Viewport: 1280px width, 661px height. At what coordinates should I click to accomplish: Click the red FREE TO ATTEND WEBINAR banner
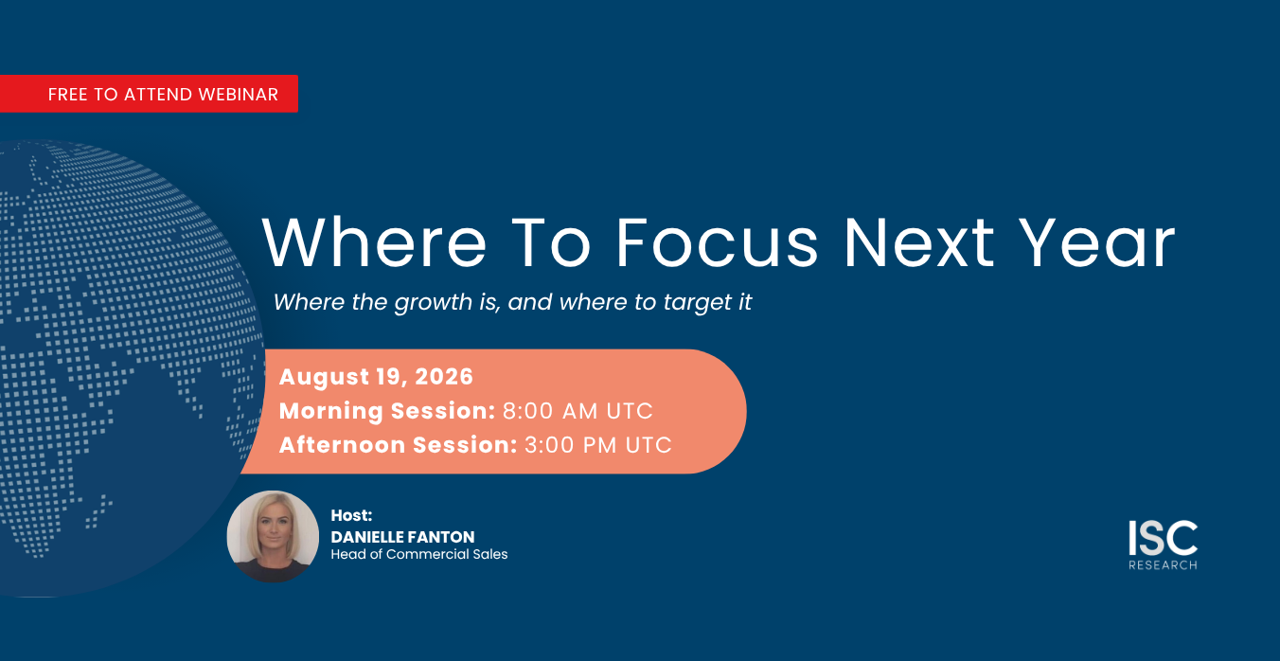[x=149, y=94]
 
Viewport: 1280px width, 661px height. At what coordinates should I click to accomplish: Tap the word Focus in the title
[x=717, y=242]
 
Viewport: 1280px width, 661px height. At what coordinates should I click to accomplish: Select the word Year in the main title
[x=1097, y=242]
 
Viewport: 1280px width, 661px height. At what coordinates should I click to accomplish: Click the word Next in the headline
[x=919, y=242]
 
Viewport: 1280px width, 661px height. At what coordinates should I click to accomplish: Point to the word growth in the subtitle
[x=434, y=302]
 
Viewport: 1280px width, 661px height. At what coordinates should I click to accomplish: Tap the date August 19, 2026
[x=376, y=377]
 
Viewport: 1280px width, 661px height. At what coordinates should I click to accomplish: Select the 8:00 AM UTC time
[x=578, y=411]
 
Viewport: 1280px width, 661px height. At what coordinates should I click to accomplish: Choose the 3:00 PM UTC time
[x=598, y=445]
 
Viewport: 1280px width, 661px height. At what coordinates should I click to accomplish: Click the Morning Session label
[x=387, y=411]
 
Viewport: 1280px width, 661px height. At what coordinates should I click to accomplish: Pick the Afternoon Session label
[x=399, y=445]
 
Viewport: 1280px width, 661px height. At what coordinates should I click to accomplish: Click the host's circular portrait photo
[x=274, y=536]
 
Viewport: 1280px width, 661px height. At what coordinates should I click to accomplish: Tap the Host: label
[x=351, y=515]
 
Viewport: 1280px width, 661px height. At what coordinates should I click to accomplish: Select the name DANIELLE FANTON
[x=403, y=537]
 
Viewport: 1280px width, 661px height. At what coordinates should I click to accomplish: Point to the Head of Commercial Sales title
[x=419, y=554]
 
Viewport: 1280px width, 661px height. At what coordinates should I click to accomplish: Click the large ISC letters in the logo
[x=1163, y=538]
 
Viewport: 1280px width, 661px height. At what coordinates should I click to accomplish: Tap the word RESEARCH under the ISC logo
[x=1163, y=565]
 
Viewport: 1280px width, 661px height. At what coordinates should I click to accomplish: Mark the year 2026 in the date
[x=444, y=377]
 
